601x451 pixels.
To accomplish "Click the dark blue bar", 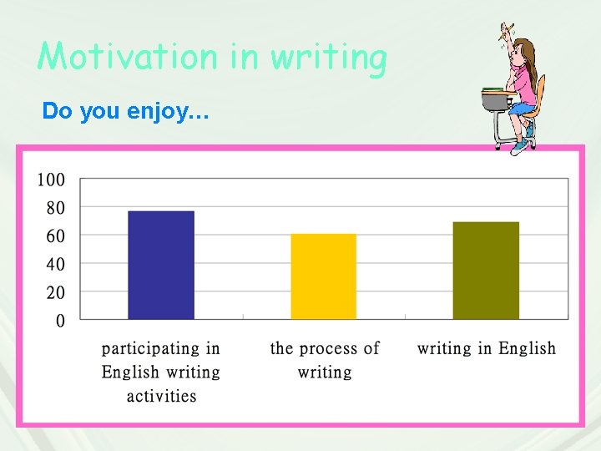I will click(161, 265).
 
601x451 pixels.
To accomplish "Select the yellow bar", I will click(323, 276).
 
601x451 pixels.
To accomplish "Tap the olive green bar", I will click(486, 271).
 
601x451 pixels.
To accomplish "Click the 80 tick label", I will click(55, 208).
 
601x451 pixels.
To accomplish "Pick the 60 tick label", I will click(55, 236).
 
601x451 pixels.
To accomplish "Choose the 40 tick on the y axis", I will click(55, 265).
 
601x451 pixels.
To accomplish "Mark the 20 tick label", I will click(55, 293).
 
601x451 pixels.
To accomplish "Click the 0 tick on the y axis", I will click(60, 321).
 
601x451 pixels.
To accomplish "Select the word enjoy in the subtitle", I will click(156, 110).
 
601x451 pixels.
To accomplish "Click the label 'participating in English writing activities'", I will click(161, 372).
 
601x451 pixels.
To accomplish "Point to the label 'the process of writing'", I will click(325, 359).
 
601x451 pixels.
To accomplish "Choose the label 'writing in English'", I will click(487, 348).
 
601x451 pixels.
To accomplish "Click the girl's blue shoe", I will click(520, 146).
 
